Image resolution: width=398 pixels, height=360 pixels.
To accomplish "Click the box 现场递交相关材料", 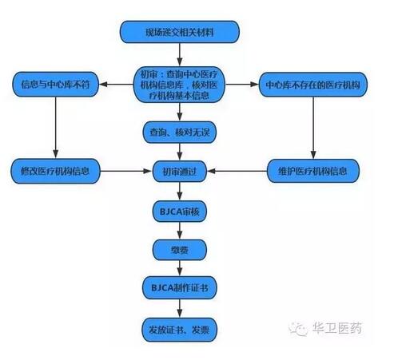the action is click(x=180, y=32).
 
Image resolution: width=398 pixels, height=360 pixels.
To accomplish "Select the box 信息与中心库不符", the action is click(x=55, y=85).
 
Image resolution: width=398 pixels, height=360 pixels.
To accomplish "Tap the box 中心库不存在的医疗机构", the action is click(x=313, y=85).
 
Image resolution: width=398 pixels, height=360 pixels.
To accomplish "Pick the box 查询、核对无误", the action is click(x=180, y=133).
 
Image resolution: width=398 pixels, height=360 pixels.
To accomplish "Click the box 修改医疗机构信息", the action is click(x=55, y=171).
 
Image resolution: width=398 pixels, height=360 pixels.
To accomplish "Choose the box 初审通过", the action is click(x=180, y=171).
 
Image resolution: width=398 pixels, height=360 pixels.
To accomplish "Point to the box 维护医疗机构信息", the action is click(x=313, y=171).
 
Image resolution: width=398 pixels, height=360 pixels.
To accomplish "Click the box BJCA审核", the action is click(x=180, y=212).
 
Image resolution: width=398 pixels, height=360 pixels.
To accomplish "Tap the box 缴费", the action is click(x=180, y=250).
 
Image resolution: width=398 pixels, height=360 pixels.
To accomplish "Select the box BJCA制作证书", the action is click(x=180, y=288).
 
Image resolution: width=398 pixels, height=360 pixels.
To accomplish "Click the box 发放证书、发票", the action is click(x=180, y=330).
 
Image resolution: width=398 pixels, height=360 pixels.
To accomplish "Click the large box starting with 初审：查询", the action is click(x=179, y=85).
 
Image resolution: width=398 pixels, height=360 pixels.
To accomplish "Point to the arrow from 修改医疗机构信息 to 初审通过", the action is click(x=126, y=171).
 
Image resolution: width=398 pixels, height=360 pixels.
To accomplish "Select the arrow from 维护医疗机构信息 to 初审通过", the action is click(x=237, y=171).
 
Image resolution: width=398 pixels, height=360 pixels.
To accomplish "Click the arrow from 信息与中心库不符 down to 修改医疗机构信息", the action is click(x=55, y=128).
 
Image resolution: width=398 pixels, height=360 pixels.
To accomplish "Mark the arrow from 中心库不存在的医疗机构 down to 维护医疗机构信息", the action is click(x=313, y=128).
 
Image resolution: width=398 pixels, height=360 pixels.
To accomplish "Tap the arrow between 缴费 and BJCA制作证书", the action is click(x=180, y=268).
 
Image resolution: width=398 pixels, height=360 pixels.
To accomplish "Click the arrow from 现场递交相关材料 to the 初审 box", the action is click(x=180, y=55).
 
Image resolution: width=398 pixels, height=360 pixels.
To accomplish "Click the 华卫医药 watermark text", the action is click(x=337, y=328).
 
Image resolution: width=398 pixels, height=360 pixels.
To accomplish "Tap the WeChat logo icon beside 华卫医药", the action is click(x=299, y=329).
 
